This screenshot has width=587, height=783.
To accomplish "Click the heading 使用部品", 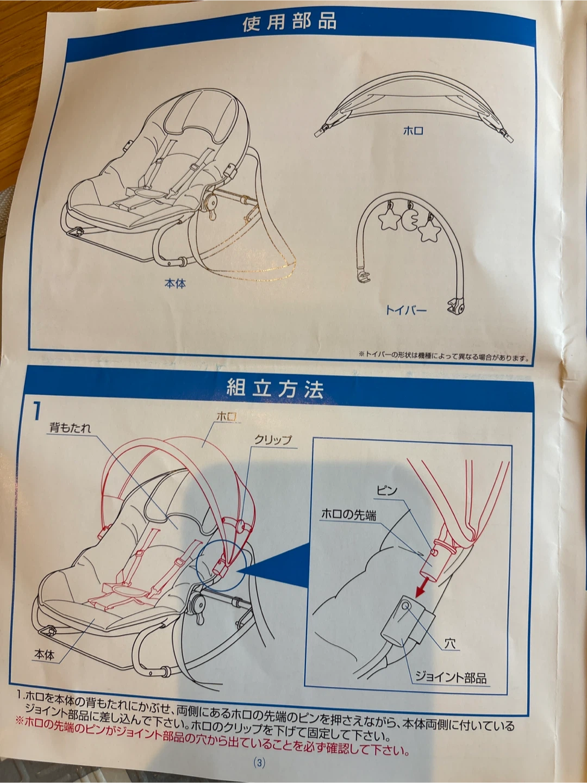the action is pyautogui.click(x=289, y=23).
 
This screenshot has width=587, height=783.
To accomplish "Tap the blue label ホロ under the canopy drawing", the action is pyautogui.click(x=414, y=131).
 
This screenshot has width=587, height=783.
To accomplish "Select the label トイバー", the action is pyautogui.click(x=406, y=310).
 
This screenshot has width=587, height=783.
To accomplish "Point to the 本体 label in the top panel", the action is pyautogui.click(x=175, y=284).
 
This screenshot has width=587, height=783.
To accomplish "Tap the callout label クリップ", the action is pyautogui.click(x=273, y=440).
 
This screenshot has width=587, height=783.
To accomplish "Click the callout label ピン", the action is pyautogui.click(x=387, y=491).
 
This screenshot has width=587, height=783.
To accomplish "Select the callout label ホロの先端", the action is pyautogui.click(x=348, y=514).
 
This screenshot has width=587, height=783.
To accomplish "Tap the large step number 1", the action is pyautogui.click(x=37, y=412).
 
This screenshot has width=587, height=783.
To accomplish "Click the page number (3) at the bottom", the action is pyautogui.click(x=259, y=762).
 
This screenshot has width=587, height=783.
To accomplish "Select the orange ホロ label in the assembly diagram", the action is pyautogui.click(x=227, y=417).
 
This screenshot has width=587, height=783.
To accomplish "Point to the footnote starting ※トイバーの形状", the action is pyautogui.click(x=444, y=355).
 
